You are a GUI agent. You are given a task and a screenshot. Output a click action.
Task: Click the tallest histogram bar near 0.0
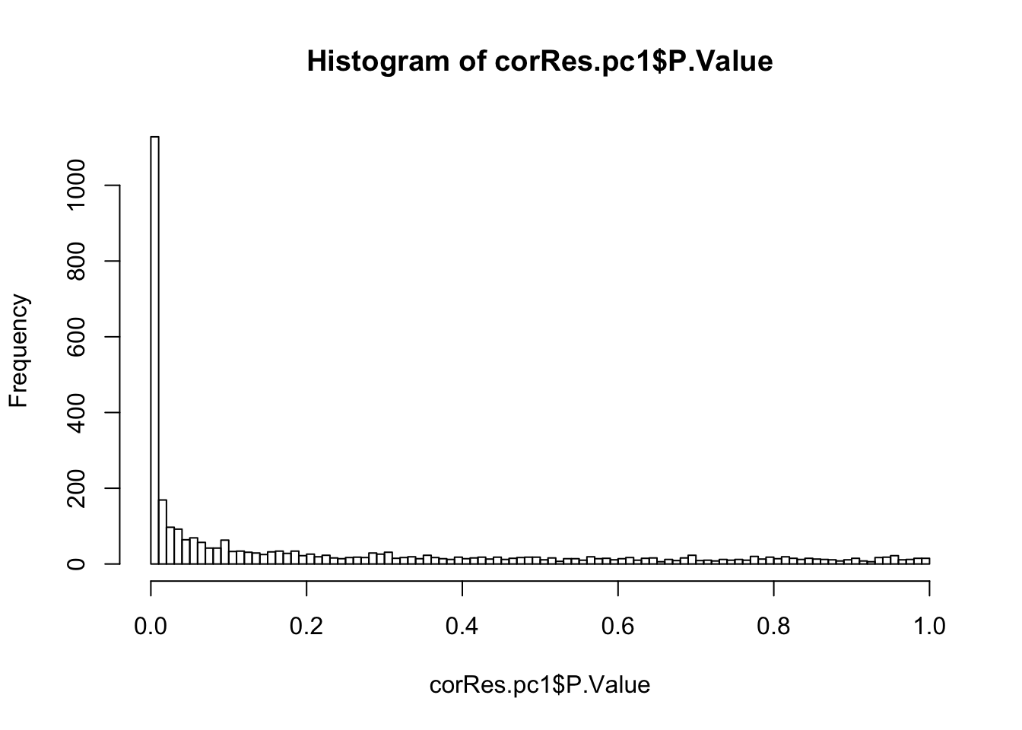click(x=154, y=350)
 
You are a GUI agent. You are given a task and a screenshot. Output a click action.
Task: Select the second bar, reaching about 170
click(x=163, y=532)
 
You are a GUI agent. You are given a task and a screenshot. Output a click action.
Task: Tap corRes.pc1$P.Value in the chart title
click(x=633, y=61)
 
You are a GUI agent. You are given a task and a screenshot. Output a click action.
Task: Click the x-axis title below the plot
click(x=540, y=685)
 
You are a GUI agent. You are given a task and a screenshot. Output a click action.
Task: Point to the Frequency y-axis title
click(x=18, y=351)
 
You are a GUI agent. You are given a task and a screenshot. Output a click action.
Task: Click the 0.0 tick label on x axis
click(x=151, y=626)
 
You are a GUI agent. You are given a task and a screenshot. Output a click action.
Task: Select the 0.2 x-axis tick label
click(x=306, y=626)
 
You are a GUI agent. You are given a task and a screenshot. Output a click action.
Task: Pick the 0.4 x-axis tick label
click(x=462, y=626)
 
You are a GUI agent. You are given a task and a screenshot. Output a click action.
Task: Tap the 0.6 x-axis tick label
click(x=618, y=626)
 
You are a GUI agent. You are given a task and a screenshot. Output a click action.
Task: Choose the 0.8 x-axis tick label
click(x=773, y=626)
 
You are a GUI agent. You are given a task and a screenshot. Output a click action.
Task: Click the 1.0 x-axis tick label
click(x=929, y=626)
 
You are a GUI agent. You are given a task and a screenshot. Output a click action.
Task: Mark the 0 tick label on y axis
click(x=75, y=564)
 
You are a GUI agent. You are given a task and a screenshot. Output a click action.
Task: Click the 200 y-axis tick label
click(x=75, y=488)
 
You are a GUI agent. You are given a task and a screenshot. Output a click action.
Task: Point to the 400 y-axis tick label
click(x=75, y=413)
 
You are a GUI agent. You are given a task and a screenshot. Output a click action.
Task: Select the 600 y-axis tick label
click(x=75, y=337)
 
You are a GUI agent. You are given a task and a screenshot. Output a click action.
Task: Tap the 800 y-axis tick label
click(x=75, y=261)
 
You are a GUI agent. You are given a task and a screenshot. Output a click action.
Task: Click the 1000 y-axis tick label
click(x=75, y=186)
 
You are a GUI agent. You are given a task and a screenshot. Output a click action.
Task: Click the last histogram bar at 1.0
click(x=925, y=561)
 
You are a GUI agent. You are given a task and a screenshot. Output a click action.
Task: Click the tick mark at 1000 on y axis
click(x=113, y=186)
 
